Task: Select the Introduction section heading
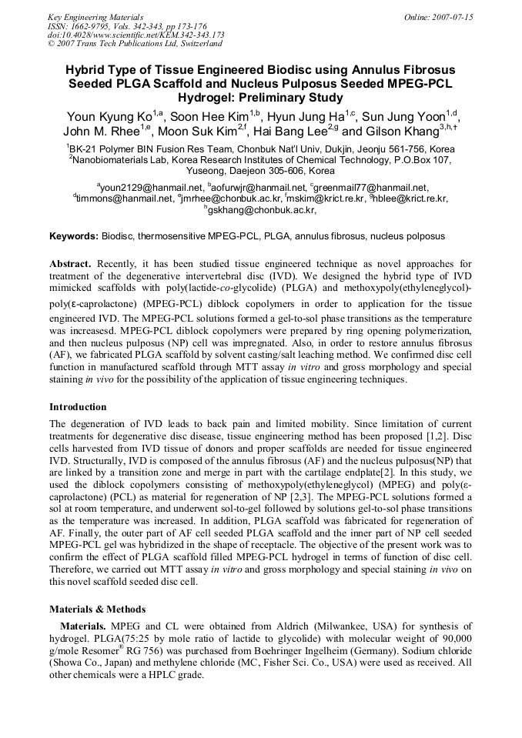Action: [x=78, y=407]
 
